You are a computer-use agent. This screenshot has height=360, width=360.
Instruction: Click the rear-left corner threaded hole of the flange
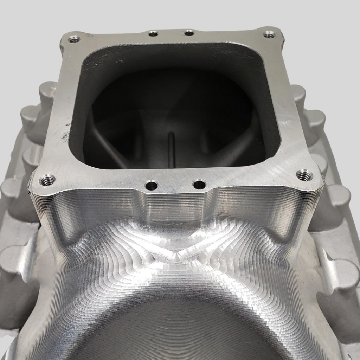74,39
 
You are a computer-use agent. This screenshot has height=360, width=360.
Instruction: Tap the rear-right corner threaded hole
269,34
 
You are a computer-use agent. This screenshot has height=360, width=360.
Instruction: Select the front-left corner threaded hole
47,180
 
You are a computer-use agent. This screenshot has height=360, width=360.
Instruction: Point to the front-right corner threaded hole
304,175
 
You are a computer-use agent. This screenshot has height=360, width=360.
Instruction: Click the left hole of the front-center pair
152,185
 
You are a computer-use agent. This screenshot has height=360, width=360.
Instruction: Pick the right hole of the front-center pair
199,184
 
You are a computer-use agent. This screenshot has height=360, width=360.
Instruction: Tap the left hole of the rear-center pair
153,33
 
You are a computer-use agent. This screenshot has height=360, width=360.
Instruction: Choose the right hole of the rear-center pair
189,33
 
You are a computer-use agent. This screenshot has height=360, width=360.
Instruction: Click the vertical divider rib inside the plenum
172,149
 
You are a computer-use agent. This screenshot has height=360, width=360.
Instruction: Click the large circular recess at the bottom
176,330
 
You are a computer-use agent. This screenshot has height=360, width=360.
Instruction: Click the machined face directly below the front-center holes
176,207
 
